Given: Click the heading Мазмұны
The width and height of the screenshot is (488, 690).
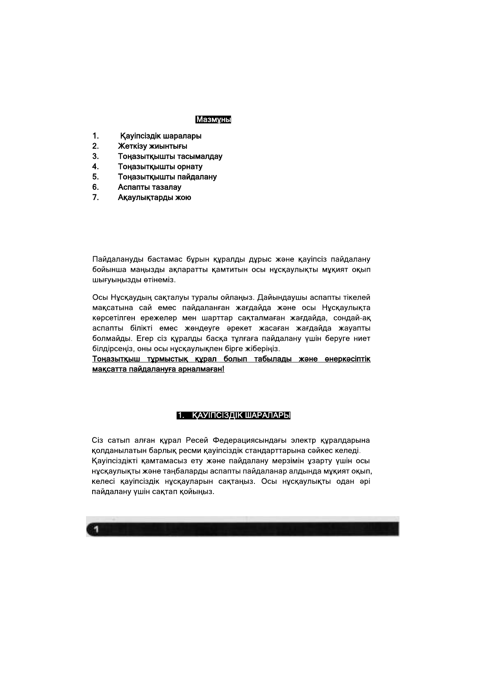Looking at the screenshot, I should point(213,120).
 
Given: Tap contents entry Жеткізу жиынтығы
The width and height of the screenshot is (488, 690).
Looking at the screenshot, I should point(152,146).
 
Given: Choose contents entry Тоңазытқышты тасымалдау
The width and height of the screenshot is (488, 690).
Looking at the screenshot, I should point(170,156).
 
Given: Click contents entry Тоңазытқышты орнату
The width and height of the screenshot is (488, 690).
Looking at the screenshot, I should point(160,166).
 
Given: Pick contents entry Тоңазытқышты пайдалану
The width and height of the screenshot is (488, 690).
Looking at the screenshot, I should point(167,177).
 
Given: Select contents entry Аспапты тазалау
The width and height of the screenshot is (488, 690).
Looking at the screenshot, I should point(149,187).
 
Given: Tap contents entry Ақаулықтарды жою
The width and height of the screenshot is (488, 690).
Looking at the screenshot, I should point(154,197).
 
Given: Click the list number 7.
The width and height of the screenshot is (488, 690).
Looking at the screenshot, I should point(95,197).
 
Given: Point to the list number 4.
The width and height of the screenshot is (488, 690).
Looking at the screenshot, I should point(95,166).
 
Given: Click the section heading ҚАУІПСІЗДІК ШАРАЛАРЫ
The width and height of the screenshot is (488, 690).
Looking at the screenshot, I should point(241,416).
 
